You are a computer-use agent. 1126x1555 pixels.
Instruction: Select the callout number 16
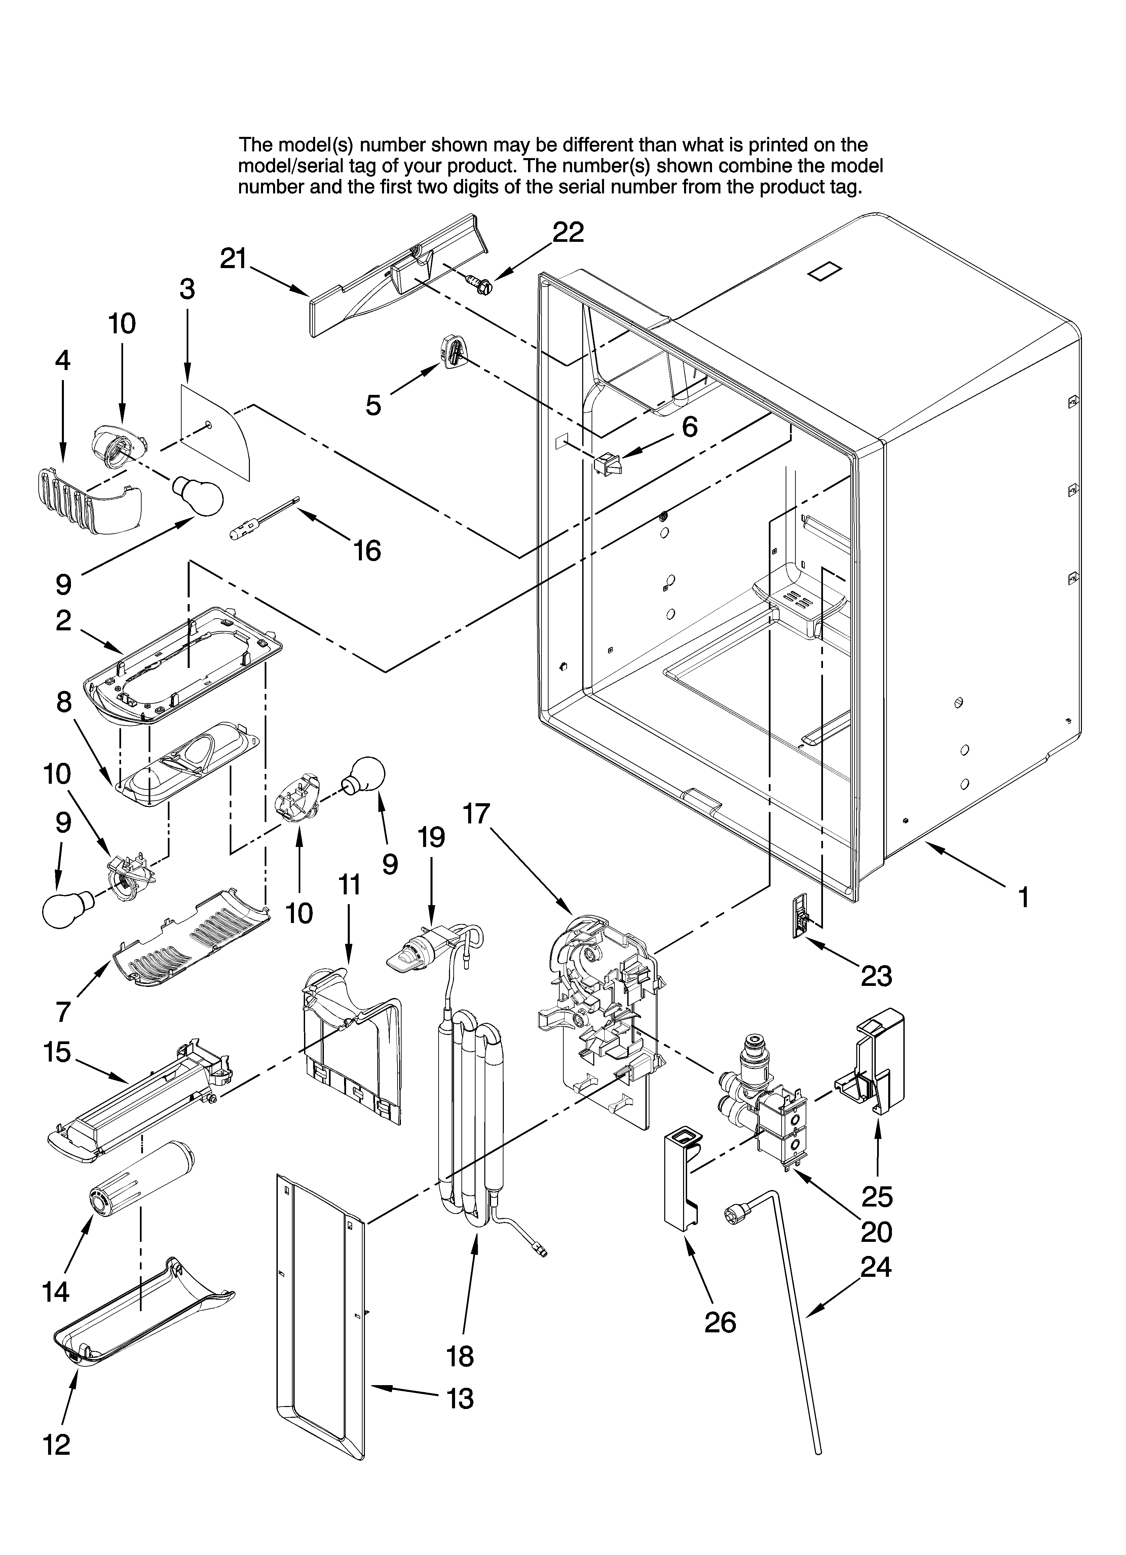[367, 551]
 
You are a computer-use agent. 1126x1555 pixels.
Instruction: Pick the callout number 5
[372, 405]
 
